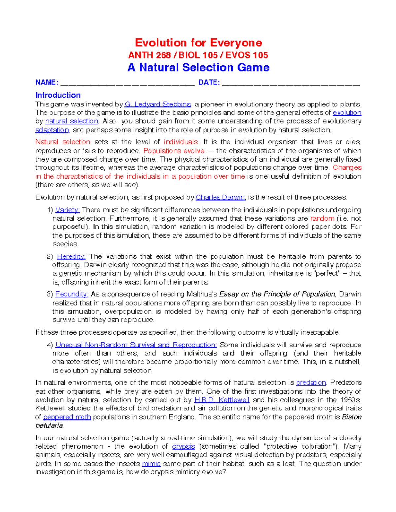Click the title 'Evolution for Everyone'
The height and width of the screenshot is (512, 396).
click(x=198, y=43)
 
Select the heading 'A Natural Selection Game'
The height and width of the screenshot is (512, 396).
click(x=198, y=67)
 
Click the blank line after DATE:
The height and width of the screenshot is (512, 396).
click(x=291, y=83)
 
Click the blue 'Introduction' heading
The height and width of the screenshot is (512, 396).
click(x=58, y=95)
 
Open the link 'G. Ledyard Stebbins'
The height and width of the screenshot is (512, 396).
click(x=158, y=105)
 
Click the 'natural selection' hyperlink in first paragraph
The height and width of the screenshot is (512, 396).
click(x=72, y=121)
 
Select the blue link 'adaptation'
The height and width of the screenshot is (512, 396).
click(x=52, y=130)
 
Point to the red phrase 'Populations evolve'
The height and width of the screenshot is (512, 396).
click(x=174, y=151)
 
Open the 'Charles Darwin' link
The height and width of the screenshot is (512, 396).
click(x=220, y=197)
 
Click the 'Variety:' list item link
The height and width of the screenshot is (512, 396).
click(x=68, y=210)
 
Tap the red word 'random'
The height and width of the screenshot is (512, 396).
click(x=322, y=218)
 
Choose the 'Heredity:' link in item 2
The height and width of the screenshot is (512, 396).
click(x=71, y=256)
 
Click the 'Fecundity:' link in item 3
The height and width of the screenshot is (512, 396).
click(x=72, y=294)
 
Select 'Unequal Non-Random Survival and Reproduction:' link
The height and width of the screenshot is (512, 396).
click(x=136, y=345)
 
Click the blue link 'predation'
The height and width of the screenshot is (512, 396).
click(x=311, y=383)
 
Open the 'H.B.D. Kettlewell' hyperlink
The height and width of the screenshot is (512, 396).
click(x=222, y=400)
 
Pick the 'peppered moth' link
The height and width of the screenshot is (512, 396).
click(x=67, y=417)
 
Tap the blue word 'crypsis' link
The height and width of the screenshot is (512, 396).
click(x=183, y=447)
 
